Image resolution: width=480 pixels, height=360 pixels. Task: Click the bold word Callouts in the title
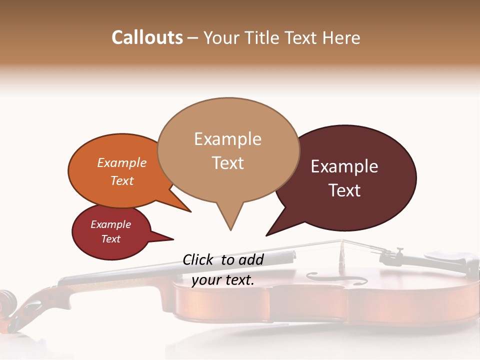coord(147,37)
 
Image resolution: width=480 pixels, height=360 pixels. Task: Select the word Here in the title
coord(340,37)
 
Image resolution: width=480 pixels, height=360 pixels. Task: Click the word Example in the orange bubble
coord(122,162)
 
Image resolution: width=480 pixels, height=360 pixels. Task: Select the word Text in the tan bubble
coord(228,163)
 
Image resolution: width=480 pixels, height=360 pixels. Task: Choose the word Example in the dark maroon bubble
coord(344,166)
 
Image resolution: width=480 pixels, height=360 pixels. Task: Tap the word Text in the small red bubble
coord(110,239)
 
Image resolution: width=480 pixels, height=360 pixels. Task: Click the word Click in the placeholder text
coord(199,259)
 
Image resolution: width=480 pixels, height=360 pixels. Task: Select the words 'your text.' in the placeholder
coord(223,280)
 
